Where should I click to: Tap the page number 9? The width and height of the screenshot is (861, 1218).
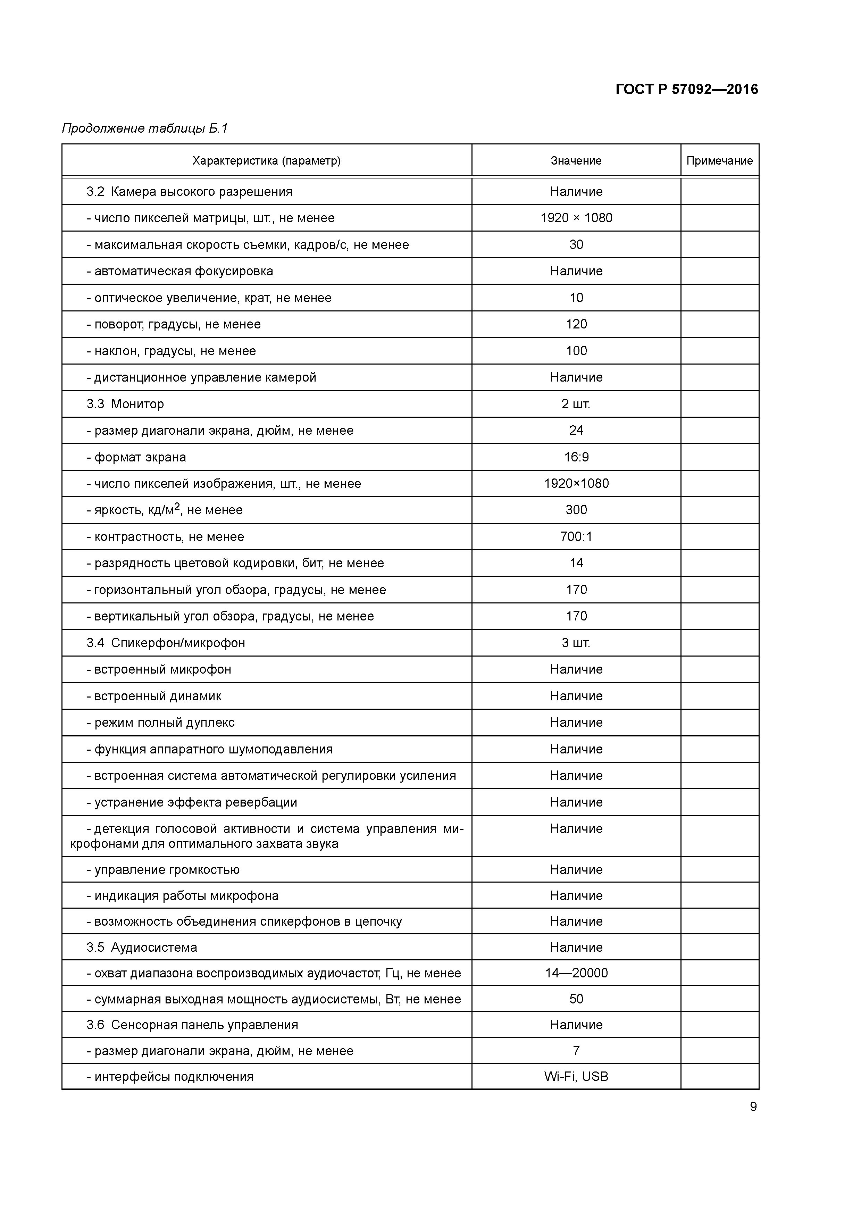point(753,1107)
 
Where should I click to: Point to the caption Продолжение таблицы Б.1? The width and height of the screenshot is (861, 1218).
point(144,128)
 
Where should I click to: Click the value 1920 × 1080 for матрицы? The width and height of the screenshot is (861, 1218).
point(576,218)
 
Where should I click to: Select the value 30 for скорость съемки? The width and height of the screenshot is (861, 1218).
point(576,244)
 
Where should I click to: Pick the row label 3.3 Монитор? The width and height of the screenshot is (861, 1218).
point(125,404)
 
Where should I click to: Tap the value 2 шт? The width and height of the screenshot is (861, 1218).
point(576,404)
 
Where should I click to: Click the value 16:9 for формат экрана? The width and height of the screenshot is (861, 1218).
point(576,457)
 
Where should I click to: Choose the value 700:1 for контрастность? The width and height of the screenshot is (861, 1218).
point(576,537)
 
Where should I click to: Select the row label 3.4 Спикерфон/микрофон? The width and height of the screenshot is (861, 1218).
point(166,643)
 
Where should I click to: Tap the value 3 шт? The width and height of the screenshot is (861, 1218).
point(576,643)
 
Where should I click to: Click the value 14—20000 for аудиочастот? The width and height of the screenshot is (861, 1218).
point(576,973)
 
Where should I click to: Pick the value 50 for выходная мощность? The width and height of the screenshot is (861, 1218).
point(576,999)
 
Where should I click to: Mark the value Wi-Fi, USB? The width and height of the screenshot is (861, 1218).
point(576,1076)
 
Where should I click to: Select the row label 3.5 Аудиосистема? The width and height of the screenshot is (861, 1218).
point(142,948)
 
